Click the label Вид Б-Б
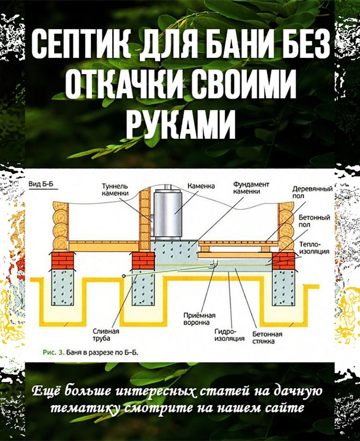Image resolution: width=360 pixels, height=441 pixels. coord(41,184)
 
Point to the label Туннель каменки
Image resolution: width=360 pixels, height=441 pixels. coord(115,190)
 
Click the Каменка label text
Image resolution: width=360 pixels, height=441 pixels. coord(201,186)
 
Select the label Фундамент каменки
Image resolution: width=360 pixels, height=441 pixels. coord(251,188)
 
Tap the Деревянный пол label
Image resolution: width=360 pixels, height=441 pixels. coord(312,192)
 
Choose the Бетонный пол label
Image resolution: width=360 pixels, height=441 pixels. coord(314,221)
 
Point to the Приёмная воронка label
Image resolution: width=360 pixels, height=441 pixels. coord(199,319)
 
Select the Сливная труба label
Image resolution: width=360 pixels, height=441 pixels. coord(106,335)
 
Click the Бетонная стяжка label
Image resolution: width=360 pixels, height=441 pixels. coord(267,337)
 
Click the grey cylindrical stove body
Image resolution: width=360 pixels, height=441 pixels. coord(167,213)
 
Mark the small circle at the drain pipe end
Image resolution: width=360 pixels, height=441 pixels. coord(124,276)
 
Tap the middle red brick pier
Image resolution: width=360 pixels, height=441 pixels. coord(143,260)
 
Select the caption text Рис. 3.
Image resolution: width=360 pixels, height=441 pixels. coord(54,352)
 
